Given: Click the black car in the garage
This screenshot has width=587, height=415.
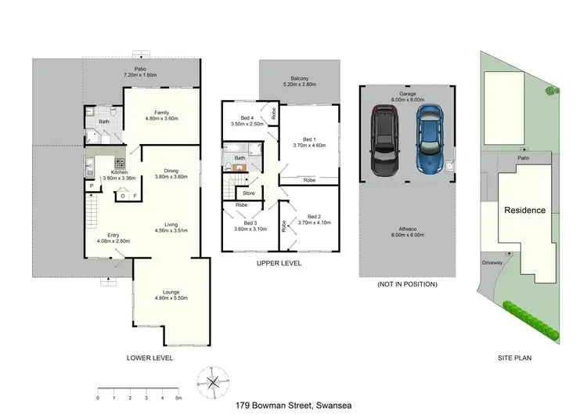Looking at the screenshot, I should point(384,142).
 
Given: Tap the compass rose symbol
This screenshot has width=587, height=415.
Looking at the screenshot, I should point(213,382).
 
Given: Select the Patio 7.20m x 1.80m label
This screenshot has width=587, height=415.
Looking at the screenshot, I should point(141,71).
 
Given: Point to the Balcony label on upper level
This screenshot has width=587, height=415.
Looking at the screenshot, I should point(301,81).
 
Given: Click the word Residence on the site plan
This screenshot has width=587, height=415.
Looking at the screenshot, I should point(524,210).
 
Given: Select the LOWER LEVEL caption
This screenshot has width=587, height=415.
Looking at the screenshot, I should point(149,358).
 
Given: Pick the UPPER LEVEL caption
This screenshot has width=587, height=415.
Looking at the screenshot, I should point(279,263).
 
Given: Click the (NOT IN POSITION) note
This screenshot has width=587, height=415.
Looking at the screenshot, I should point(407,284).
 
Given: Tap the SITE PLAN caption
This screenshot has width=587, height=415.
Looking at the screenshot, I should point(514,358).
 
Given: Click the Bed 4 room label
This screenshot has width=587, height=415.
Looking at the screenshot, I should point(245,121).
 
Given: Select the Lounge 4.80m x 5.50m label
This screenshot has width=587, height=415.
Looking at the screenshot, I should point(171,295).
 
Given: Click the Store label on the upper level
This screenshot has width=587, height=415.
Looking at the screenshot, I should point(249,192).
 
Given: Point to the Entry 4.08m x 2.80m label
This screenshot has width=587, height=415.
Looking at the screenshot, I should point(112,238).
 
